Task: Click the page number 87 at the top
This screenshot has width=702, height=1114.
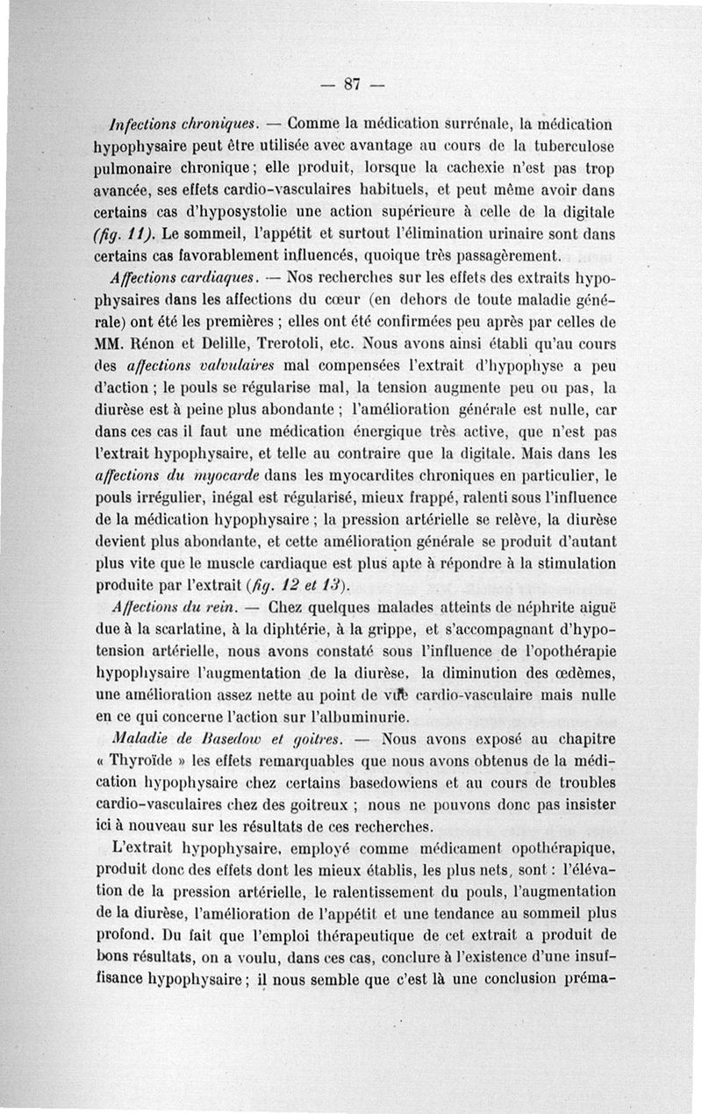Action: [x=353, y=84]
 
